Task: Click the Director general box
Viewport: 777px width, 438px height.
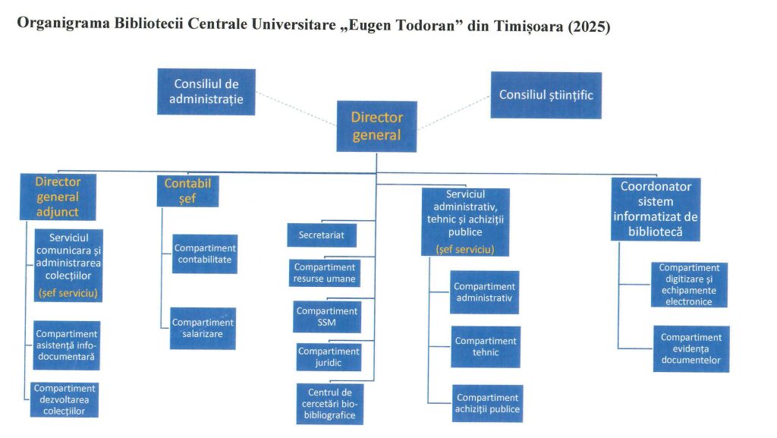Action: click(376, 126)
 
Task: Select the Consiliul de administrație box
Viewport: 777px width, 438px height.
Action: click(206, 91)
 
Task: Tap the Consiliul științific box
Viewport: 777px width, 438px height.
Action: click(546, 95)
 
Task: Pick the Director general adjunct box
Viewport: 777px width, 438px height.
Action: click(58, 197)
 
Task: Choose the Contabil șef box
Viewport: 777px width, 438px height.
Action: click(187, 191)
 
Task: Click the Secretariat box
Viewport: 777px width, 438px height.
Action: click(322, 235)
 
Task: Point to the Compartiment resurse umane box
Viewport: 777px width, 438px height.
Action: click(325, 273)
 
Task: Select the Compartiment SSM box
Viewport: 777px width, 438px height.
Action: click(327, 317)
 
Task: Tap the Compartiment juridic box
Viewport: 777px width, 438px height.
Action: click(329, 358)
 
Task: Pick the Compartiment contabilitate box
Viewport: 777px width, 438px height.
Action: click(205, 254)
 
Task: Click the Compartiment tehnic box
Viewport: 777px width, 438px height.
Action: click(486, 347)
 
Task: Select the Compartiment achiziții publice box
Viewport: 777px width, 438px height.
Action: click(488, 403)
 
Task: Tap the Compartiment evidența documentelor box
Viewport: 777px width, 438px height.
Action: click(691, 348)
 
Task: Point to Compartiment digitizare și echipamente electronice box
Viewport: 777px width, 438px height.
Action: click(689, 285)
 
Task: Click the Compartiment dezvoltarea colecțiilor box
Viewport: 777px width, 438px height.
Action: click(68, 399)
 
